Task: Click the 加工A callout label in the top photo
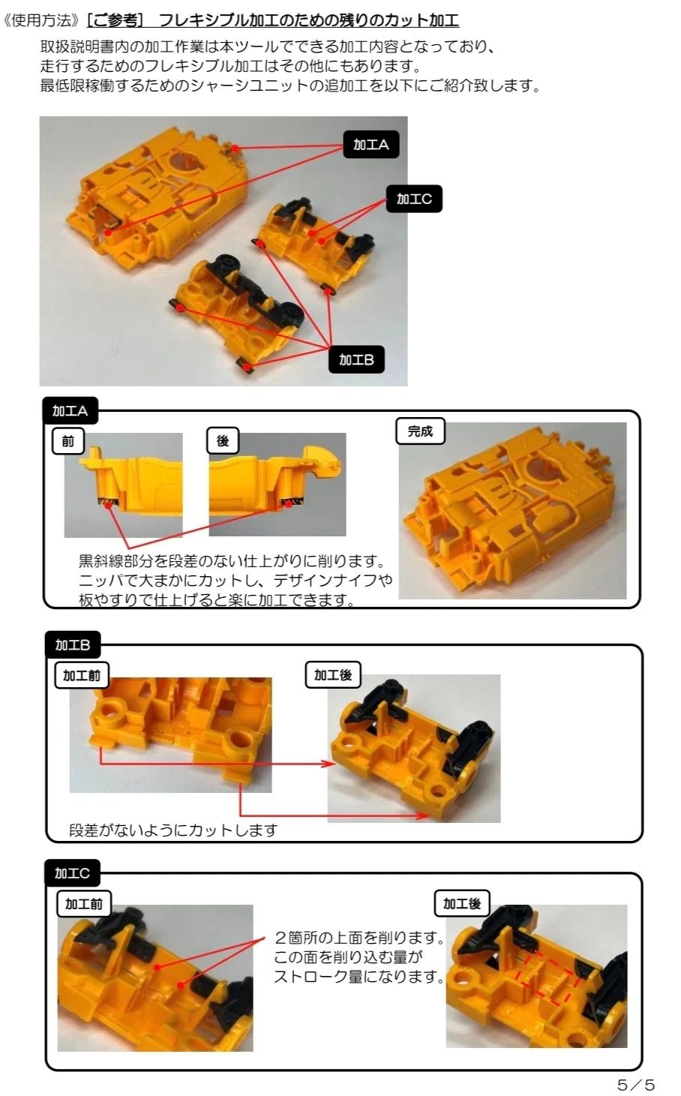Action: [370, 144]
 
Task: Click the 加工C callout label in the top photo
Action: [414, 199]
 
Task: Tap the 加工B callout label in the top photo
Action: [356, 359]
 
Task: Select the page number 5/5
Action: [635, 1084]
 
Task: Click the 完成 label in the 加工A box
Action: [420, 431]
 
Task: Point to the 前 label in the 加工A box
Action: [68, 441]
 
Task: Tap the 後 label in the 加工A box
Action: [223, 441]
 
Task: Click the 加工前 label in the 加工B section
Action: [82, 675]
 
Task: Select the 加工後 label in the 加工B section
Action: [333, 674]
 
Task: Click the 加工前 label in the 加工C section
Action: [84, 903]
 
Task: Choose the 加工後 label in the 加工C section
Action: [462, 903]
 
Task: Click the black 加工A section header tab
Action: [70, 410]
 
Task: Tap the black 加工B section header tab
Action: [73, 645]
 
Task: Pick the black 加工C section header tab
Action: [73, 873]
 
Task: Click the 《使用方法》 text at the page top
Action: [41, 20]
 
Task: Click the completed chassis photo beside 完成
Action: [512, 510]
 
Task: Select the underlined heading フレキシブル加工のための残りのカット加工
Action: [309, 20]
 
